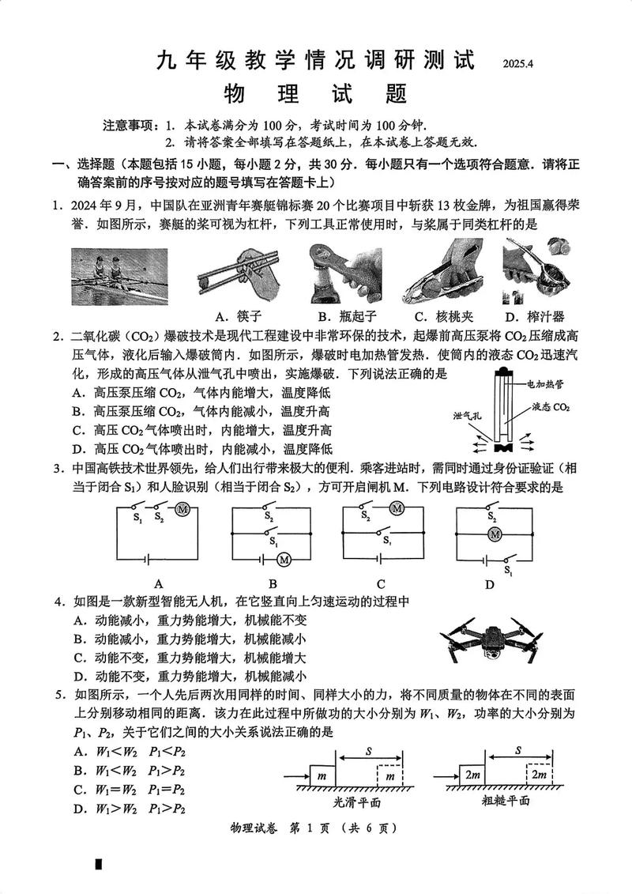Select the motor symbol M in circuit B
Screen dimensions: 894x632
pos(283,560)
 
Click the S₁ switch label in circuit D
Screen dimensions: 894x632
pos(508,569)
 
